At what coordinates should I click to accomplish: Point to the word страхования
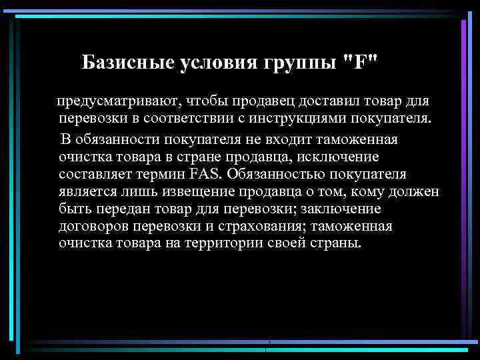point(257,226)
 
